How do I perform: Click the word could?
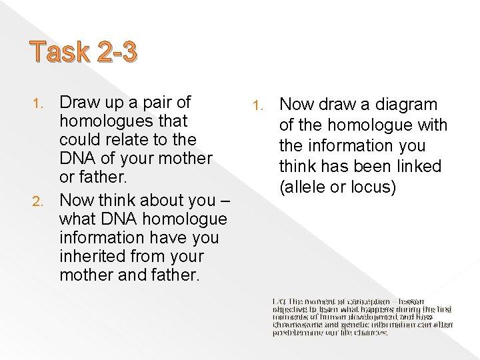coord(80,140)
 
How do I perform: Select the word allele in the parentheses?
coord(303,187)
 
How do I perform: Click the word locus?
coord(374,187)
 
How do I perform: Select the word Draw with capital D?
coord(78,103)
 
